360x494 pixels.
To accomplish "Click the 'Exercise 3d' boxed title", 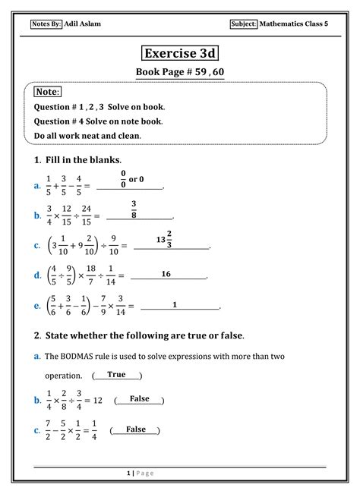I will click(x=180, y=55).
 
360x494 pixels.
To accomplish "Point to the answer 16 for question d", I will click(x=166, y=274).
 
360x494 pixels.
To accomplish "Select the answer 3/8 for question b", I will click(x=134, y=209).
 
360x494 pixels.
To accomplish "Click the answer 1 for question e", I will click(x=175, y=304).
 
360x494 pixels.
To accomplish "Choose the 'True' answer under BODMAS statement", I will click(x=116, y=374).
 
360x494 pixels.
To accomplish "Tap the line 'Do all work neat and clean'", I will click(x=88, y=135).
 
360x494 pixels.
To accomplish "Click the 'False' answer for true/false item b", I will click(x=139, y=398).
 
